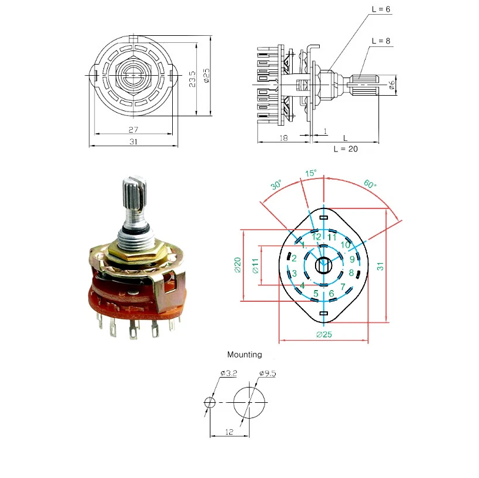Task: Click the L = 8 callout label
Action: [x=381, y=41]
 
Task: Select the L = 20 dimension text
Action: [x=345, y=149]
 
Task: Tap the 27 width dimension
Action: [x=133, y=129]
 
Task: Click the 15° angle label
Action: [x=311, y=173]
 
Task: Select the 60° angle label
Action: [x=370, y=184]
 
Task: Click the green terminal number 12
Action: [x=317, y=237]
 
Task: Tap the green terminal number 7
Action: [x=343, y=287]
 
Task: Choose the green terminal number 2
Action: [x=294, y=258]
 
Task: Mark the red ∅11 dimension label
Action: [x=255, y=266]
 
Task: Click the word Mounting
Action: [x=244, y=355]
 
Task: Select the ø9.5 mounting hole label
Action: [x=267, y=373]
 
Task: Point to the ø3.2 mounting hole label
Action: [x=228, y=373]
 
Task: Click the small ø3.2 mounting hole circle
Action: [x=210, y=402]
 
